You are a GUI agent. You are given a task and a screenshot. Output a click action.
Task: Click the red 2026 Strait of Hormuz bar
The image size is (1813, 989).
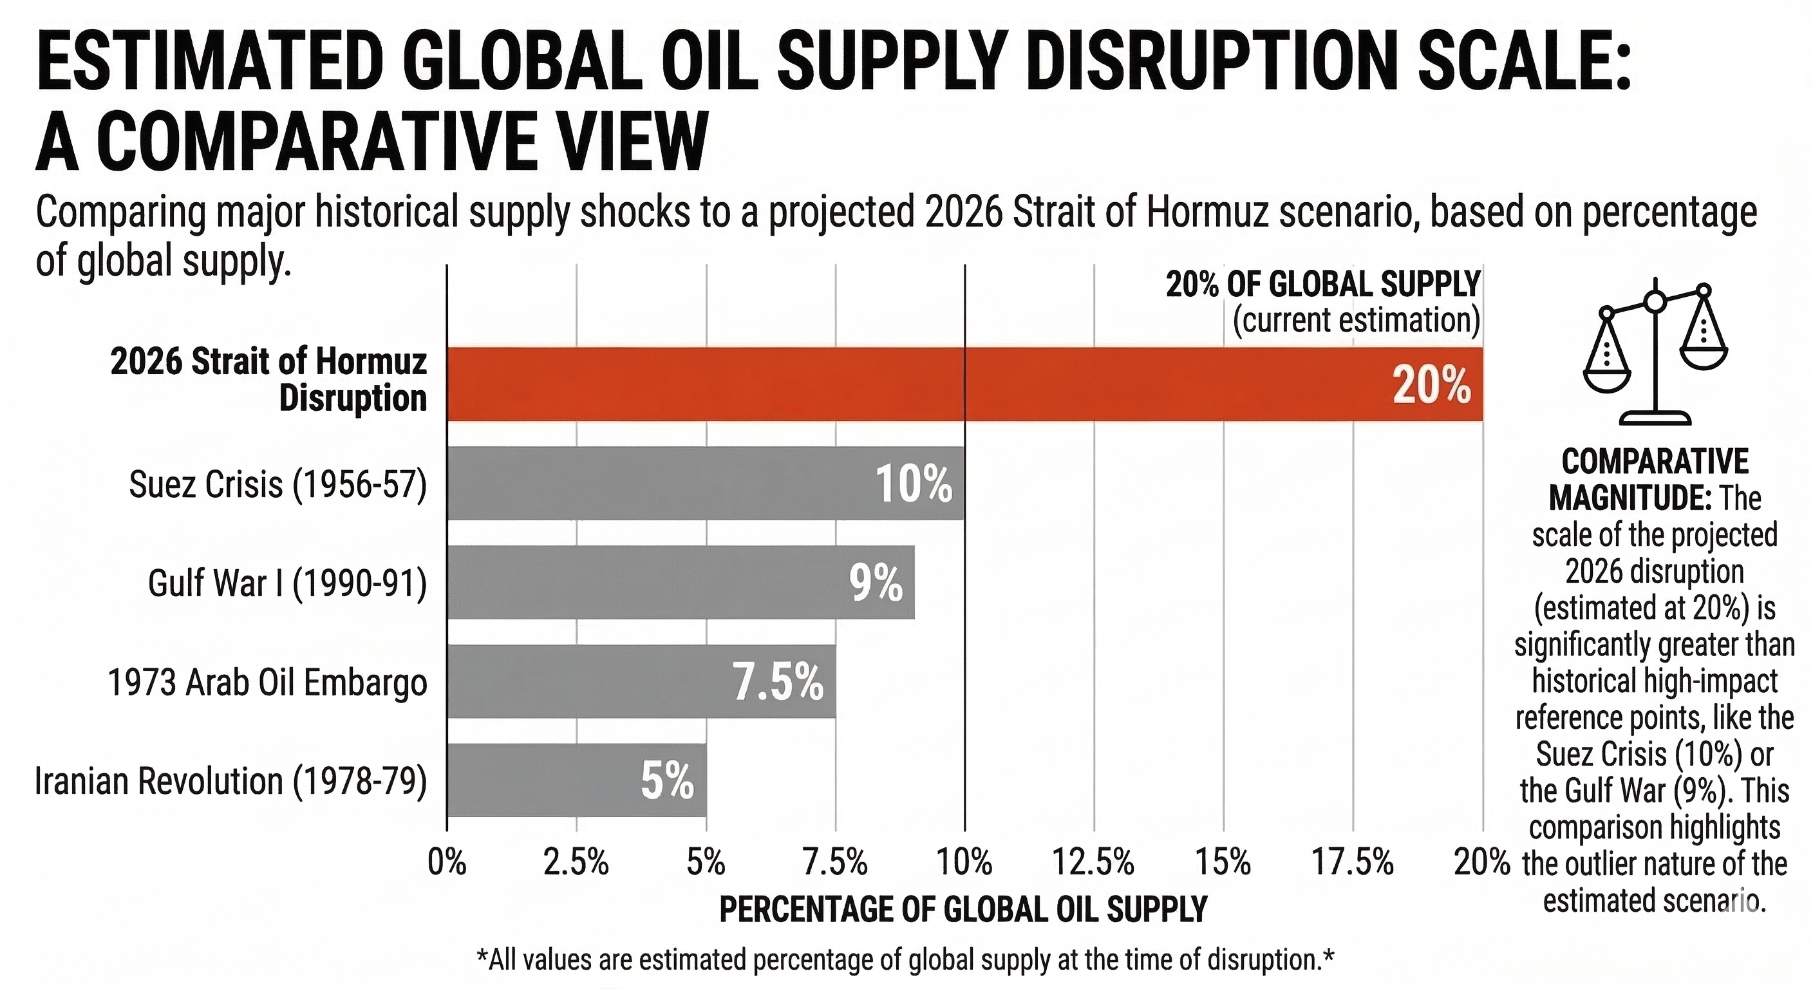[964, 384]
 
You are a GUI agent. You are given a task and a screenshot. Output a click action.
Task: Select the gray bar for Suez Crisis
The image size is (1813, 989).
[704, 484]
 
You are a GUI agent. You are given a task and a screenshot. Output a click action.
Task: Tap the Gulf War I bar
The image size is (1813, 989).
[680, 583]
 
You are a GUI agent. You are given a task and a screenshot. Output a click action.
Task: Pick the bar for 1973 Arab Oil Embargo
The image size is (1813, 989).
[641, 681]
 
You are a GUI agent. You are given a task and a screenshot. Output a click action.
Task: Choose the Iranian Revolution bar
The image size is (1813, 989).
[576, 780]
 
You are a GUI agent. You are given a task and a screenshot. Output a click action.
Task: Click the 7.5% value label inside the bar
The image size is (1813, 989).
[778, 682]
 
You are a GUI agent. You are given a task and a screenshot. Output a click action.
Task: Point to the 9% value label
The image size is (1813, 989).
[876, 583]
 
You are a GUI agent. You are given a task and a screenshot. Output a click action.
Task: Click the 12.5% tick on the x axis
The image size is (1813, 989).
[1093, 862]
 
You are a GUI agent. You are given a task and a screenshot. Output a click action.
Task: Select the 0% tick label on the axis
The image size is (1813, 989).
[447, 862]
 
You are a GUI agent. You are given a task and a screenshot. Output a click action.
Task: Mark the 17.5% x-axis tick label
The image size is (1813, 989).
[1353, 862]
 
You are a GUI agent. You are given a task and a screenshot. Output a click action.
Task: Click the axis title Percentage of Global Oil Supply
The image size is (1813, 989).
[963, 909]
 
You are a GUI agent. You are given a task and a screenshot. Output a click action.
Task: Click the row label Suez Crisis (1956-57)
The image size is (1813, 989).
[278, 484]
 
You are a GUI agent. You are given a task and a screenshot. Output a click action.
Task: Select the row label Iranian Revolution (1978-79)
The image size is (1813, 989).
[231, 781]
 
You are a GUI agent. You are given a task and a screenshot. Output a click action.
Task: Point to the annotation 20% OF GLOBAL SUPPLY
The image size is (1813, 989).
[1323, 285]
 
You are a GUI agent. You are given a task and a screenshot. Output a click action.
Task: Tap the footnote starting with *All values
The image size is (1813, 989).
[905, 959]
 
